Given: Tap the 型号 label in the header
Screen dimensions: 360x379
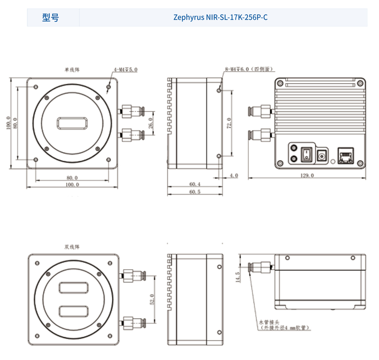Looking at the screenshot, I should coord(51,18).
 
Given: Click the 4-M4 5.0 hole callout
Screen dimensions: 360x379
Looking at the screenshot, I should coord(125,70).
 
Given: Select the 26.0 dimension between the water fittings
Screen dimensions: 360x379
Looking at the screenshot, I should coord(151,123).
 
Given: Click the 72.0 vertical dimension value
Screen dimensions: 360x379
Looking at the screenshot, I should coord(229,122).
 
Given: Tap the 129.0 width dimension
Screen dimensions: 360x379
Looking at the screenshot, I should coord(307,175).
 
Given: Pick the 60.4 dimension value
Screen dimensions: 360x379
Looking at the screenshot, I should coord(195,184).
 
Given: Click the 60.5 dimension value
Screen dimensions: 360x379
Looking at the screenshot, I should coord(195,192).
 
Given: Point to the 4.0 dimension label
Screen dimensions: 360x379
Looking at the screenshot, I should coord(234,175).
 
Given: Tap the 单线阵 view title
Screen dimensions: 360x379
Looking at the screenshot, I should coord(72,69).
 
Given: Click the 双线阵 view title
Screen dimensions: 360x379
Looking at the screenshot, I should coord(72,247).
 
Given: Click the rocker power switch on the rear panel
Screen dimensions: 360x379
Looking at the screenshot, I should coord(307,154).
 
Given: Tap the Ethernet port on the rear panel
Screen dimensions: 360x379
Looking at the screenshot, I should coord(344,155).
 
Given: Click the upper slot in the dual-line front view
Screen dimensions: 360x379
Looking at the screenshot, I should coord(72,287).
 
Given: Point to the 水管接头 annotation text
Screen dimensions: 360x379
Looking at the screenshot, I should coord(271,322).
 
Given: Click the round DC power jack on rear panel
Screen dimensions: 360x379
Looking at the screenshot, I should coord(323,155).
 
